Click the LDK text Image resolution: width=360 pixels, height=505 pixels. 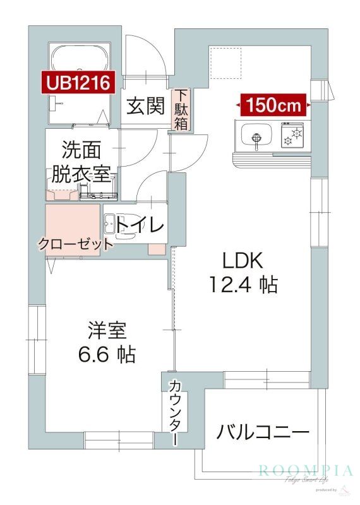(x=241, y=260)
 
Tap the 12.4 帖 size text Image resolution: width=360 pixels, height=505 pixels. (x=243, y=285)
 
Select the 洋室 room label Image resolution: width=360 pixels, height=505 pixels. (x=107, y=330)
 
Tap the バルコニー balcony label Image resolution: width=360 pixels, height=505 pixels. (x=263, y=432)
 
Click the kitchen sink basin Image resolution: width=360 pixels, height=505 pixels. (x=255, y=136)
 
